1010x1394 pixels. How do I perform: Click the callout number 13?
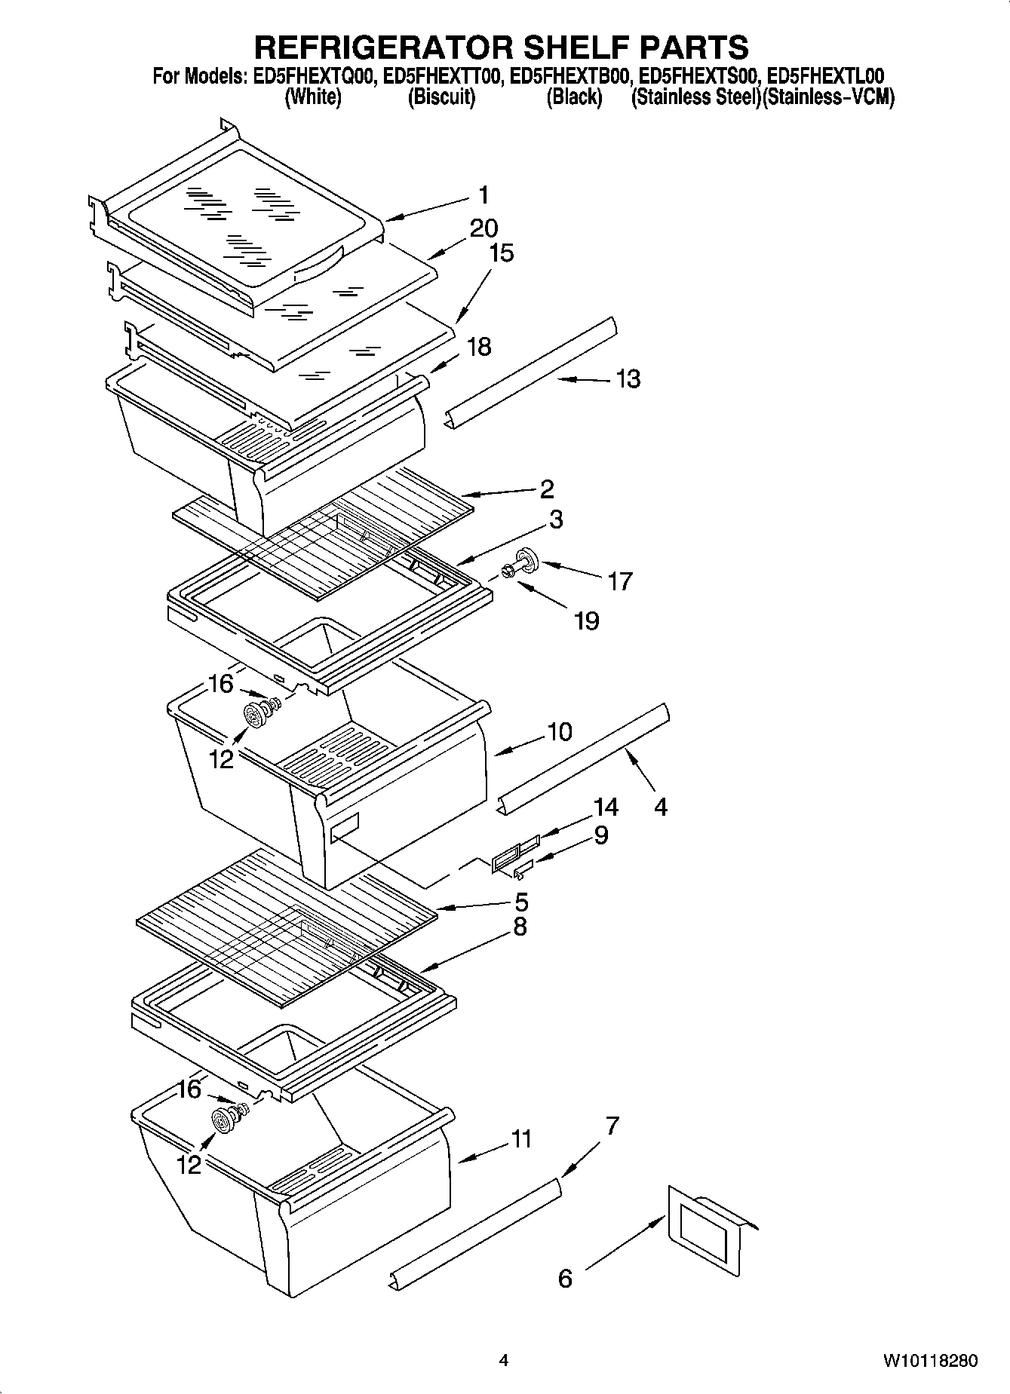tap(628, 378)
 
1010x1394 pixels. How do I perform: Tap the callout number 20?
tap(484, 228)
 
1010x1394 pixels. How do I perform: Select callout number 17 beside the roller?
tap(620, 581)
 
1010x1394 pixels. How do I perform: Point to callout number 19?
tap(586, 620)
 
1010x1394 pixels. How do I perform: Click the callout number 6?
tap(565, 1278)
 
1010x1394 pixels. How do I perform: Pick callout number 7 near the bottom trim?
tap(612, 1126)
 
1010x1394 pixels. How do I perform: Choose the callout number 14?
tap(606, 807)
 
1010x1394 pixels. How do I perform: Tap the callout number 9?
tap(601, 835)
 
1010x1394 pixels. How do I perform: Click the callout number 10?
tap(560, 731)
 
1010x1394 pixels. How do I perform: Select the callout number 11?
tap(521, 1138)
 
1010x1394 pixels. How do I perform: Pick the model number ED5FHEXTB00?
tap(570, 76)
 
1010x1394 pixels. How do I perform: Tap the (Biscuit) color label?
tap(441, 97)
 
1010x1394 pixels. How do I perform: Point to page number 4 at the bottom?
tap(504, 1361)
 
